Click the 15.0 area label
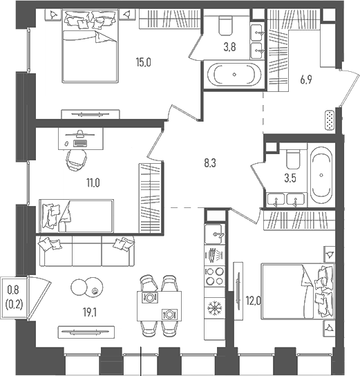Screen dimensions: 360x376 (144, 63)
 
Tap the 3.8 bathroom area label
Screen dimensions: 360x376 (229, 47)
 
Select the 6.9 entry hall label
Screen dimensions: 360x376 (306, 80)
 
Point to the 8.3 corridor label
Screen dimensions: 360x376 (210, 163)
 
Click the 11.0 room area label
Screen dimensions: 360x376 (93, 183)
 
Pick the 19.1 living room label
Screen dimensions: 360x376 (90, 312)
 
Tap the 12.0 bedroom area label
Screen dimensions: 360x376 (254, 301)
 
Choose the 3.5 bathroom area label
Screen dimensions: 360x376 (290, 178)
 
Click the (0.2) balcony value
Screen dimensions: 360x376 (14, 305)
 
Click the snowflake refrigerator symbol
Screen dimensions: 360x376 (215, 308)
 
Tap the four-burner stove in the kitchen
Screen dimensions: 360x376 (215, 276)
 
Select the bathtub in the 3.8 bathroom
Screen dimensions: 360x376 (234, 75)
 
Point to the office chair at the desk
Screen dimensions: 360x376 (76, 160)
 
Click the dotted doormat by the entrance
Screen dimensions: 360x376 (330, 121)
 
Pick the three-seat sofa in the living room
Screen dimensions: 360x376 (87, 251)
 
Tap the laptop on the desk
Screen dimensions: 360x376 (80, 143)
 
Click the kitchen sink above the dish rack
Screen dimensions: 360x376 (214, 234)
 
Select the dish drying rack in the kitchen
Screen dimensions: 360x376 (215, 255)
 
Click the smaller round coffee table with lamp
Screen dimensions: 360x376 (94, 287)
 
